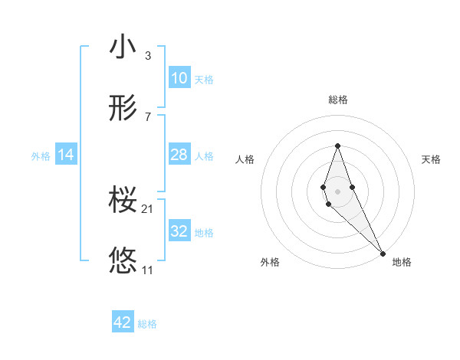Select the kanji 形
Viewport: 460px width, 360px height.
[123, 108]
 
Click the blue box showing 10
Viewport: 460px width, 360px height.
[179, 77]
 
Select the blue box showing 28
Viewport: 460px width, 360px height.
[179, 155]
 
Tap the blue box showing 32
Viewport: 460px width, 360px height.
[179, 231]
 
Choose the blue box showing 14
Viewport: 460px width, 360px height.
[66, 155]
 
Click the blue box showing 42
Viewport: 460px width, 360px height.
[123, 322]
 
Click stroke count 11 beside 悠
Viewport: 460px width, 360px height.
[148, 270]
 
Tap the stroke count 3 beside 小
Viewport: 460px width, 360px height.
[148, 55]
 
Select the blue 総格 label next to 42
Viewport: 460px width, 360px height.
[147, 324]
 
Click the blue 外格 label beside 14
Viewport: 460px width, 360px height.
[41, 155]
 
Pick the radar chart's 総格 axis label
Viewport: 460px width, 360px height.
[338, 100]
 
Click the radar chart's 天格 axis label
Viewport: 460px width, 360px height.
[431, 159]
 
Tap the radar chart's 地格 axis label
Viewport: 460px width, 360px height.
[402, 262]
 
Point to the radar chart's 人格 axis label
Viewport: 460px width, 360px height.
[245, 159]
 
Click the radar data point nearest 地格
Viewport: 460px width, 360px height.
[383, 252]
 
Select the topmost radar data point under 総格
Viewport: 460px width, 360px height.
[337, 146]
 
